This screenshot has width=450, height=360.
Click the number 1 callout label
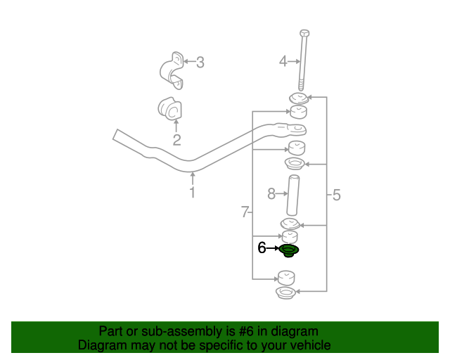[x=192, y=192]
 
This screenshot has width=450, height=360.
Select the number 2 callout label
[x=177, y=140]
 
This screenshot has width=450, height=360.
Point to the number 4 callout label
[x=283, y=62]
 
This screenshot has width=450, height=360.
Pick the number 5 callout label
[x=336, y=195]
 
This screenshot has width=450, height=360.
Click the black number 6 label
[x=262, y=247]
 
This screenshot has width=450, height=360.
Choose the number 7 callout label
[x=244, y=212]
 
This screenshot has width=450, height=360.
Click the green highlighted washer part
[x=288, y=250]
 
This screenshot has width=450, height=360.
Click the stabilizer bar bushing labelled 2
[x=169, y=108]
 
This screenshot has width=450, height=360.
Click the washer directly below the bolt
[x=299, y=97]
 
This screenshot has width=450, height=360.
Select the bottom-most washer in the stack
[x=285, y=292]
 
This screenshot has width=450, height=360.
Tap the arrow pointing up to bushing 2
[x=176, y=125]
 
